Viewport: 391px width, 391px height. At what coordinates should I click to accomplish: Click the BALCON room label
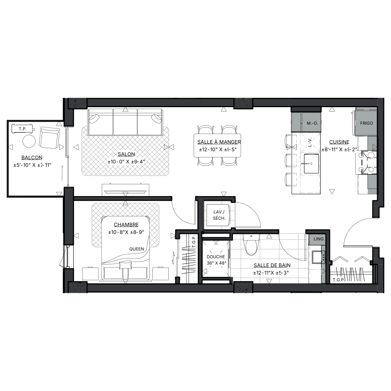32,158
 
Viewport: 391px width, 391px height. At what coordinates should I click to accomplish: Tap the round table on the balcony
29,141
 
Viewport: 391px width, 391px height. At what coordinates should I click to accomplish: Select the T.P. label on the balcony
22,129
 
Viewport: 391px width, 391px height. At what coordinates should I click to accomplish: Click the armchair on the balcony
50,138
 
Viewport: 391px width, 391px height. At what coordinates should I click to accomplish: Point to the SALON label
126,154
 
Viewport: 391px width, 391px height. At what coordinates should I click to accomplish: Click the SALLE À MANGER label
219,142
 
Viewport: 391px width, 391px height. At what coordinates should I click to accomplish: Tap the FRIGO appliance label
366,123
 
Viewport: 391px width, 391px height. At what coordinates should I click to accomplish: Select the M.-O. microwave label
312,123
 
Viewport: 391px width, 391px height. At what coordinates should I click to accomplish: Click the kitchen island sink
311,164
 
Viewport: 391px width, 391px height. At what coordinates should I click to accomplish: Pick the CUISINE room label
339,142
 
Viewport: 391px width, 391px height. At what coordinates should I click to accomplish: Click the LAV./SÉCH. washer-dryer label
219,215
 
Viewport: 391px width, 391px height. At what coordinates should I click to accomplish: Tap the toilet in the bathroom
251,245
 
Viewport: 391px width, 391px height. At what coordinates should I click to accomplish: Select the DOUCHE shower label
216,257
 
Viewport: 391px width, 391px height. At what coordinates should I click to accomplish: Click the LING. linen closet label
319,239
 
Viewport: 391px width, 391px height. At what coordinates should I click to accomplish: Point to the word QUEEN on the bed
136,249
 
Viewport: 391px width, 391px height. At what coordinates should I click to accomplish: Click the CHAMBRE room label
126,225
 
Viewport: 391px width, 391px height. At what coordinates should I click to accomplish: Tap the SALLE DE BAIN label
272,265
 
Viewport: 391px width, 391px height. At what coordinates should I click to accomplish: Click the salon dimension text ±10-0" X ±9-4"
126,162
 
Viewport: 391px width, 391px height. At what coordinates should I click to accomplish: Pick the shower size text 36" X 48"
216,263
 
